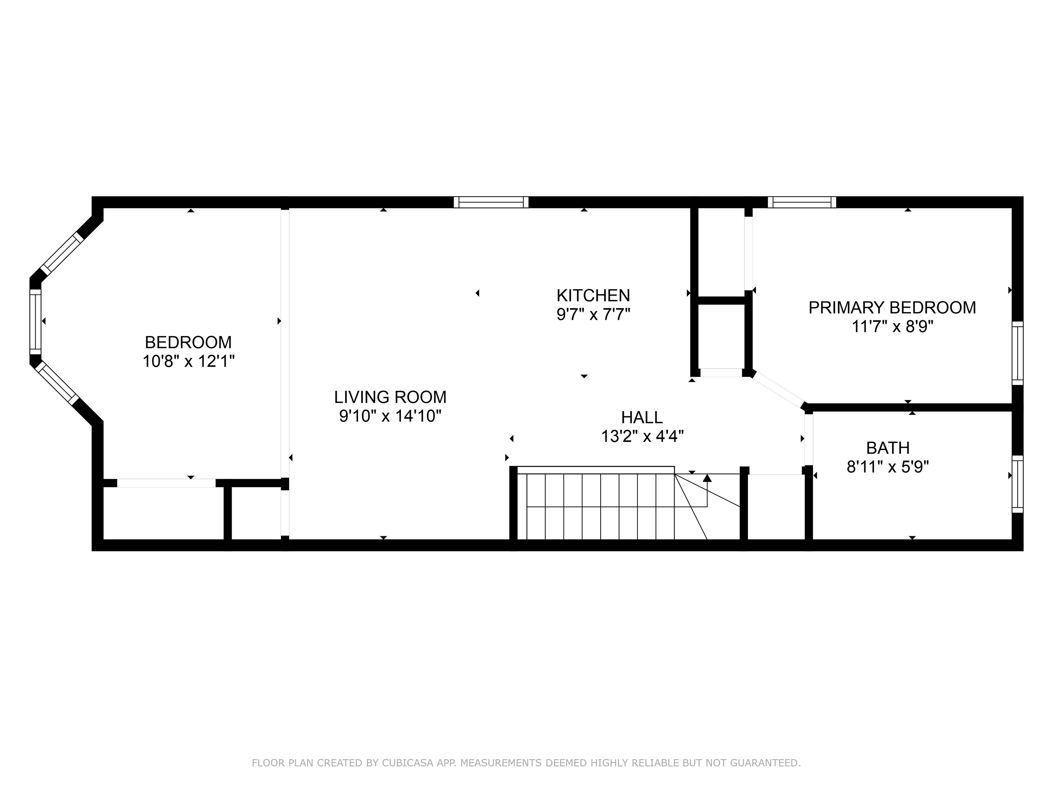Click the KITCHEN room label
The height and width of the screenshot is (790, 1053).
(593, 295)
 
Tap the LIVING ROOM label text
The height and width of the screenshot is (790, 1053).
(390, 397)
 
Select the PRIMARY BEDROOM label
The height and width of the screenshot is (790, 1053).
(892, 308)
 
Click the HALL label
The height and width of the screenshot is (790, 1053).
(642, 417)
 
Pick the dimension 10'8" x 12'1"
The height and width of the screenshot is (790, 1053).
(189, 361)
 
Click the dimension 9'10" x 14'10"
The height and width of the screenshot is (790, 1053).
(390, 416)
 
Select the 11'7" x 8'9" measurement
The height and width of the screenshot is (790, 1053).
(892, 327)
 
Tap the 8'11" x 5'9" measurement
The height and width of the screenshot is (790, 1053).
(888, 467)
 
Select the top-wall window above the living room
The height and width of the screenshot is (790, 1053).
(491, 202)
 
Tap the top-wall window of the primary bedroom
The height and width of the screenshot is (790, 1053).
(802, 202)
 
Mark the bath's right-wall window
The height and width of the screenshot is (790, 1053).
(1017, 484)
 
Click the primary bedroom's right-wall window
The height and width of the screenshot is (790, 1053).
(1017, 353)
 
